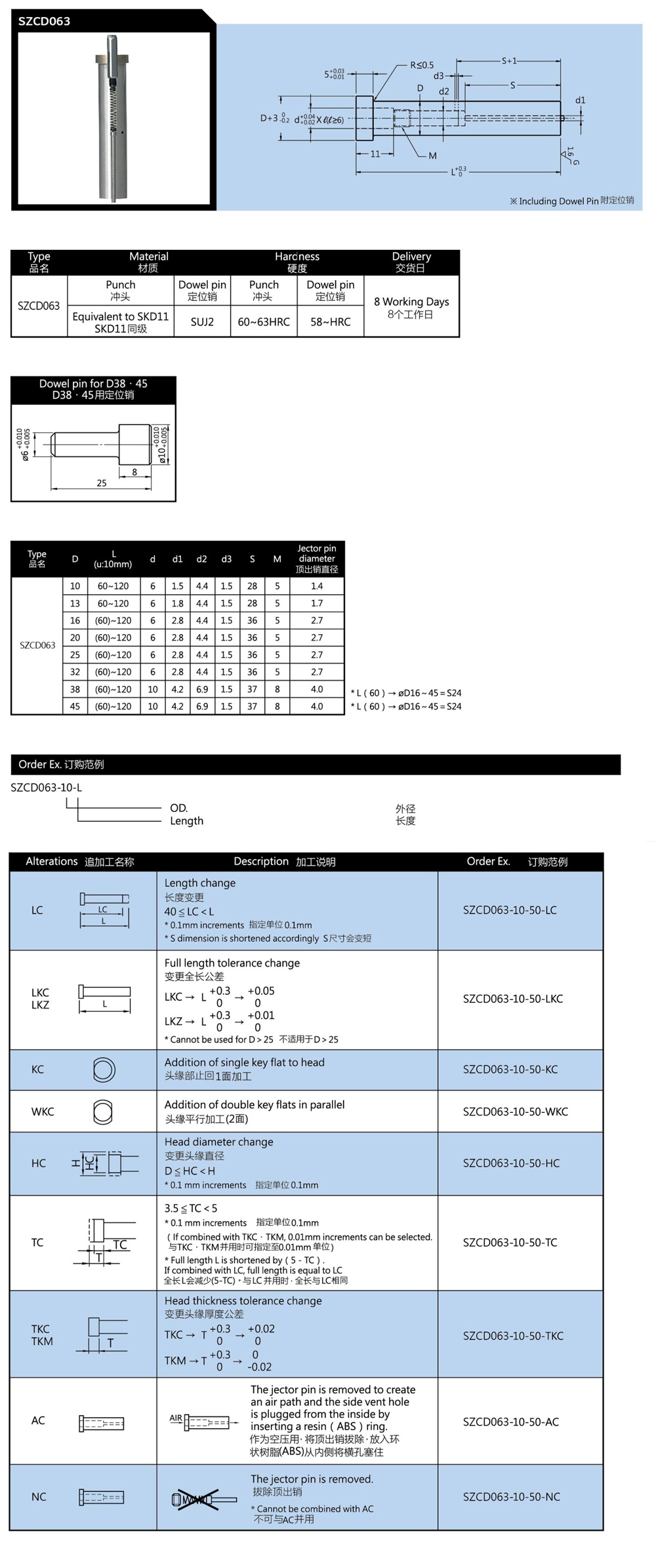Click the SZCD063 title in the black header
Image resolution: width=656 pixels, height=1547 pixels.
[44, 21]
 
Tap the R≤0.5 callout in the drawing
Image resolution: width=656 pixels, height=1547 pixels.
[422, 65]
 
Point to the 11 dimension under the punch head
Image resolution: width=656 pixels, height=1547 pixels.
[375, 154]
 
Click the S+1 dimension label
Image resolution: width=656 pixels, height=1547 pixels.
[509, 61]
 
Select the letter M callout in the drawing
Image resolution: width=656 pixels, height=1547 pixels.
[432, 156]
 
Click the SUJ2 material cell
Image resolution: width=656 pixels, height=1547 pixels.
[202, 322]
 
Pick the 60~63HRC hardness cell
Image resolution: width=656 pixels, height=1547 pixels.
[264, 322]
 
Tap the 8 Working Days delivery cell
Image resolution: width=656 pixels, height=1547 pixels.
[411, 307]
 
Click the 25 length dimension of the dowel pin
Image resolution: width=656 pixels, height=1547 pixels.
[102, 483]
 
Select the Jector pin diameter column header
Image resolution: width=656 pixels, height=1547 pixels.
[317, 559]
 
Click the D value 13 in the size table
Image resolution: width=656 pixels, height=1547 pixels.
[75, 603]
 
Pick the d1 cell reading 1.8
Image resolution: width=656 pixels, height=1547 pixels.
[177, 603]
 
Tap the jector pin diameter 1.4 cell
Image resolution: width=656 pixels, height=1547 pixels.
[317, 586]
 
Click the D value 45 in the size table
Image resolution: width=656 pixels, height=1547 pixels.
[75, 706]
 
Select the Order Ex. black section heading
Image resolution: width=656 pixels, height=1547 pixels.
[61, 764]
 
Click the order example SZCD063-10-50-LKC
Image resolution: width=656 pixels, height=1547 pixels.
[512, 999]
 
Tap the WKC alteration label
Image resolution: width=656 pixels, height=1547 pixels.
[43, 1112]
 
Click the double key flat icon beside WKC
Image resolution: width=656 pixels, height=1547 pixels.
[103, 1112]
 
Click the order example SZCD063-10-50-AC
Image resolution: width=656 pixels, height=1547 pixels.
[510, 1422]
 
